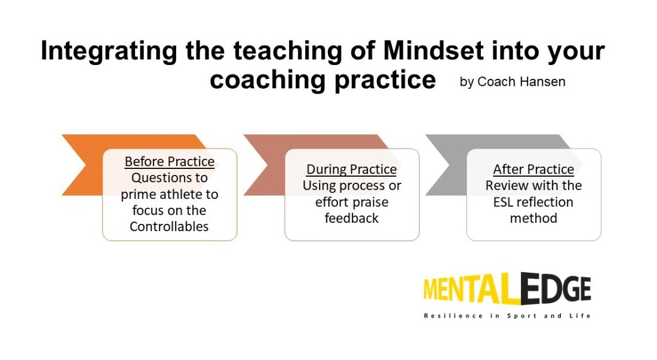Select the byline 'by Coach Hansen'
coord(512,82)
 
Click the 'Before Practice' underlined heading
coord(169,162)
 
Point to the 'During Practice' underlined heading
coord(351,170)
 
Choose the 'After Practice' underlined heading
coord(533,170)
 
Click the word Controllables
coord(169,227)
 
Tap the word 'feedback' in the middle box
coord(351,219)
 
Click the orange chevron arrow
coord(84,165)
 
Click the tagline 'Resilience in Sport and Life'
coord(506,316)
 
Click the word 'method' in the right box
coord(533,219)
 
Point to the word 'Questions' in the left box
coord(169,178)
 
